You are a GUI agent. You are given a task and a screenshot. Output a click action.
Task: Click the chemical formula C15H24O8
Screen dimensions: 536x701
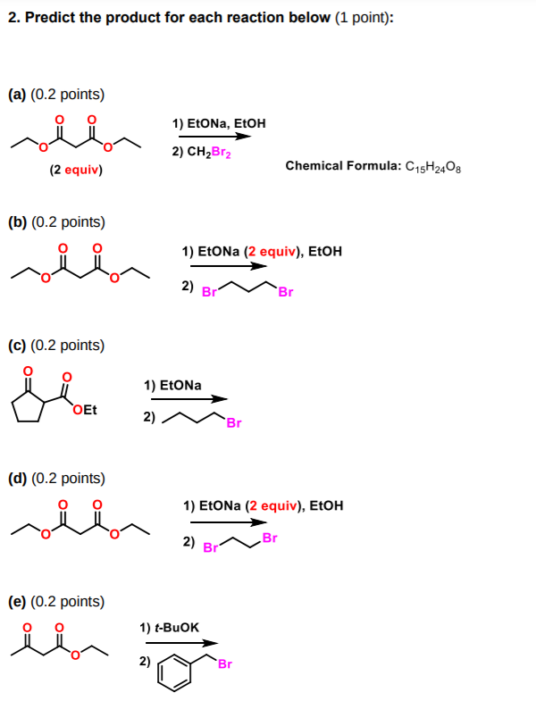point(438,165)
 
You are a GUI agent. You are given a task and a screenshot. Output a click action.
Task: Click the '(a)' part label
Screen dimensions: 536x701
point(18,94)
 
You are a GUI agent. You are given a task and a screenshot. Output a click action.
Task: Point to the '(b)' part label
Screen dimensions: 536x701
point(18,221)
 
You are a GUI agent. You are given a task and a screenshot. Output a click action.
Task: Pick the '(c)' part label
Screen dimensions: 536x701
point(18,345)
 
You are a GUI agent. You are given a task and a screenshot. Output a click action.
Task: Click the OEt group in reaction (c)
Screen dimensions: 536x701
point(86,411)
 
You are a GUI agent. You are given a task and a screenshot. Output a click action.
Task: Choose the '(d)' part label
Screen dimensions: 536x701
point(18,478)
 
